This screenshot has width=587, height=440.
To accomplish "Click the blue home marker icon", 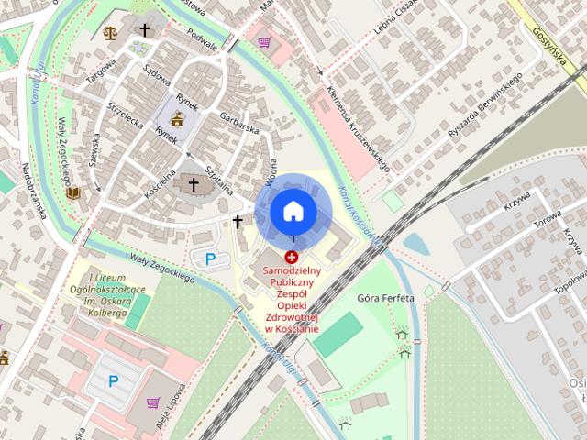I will (x=293, y=211).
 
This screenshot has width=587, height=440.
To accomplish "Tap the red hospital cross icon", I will (x=292, y=258).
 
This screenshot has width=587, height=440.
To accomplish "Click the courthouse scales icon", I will (x=112, y=32).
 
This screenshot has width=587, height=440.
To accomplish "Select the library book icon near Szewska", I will (x=72, y=193).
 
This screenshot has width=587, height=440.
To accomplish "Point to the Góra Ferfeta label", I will (x=384, y=299).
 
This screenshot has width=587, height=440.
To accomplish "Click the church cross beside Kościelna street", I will (x=193, y=186).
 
